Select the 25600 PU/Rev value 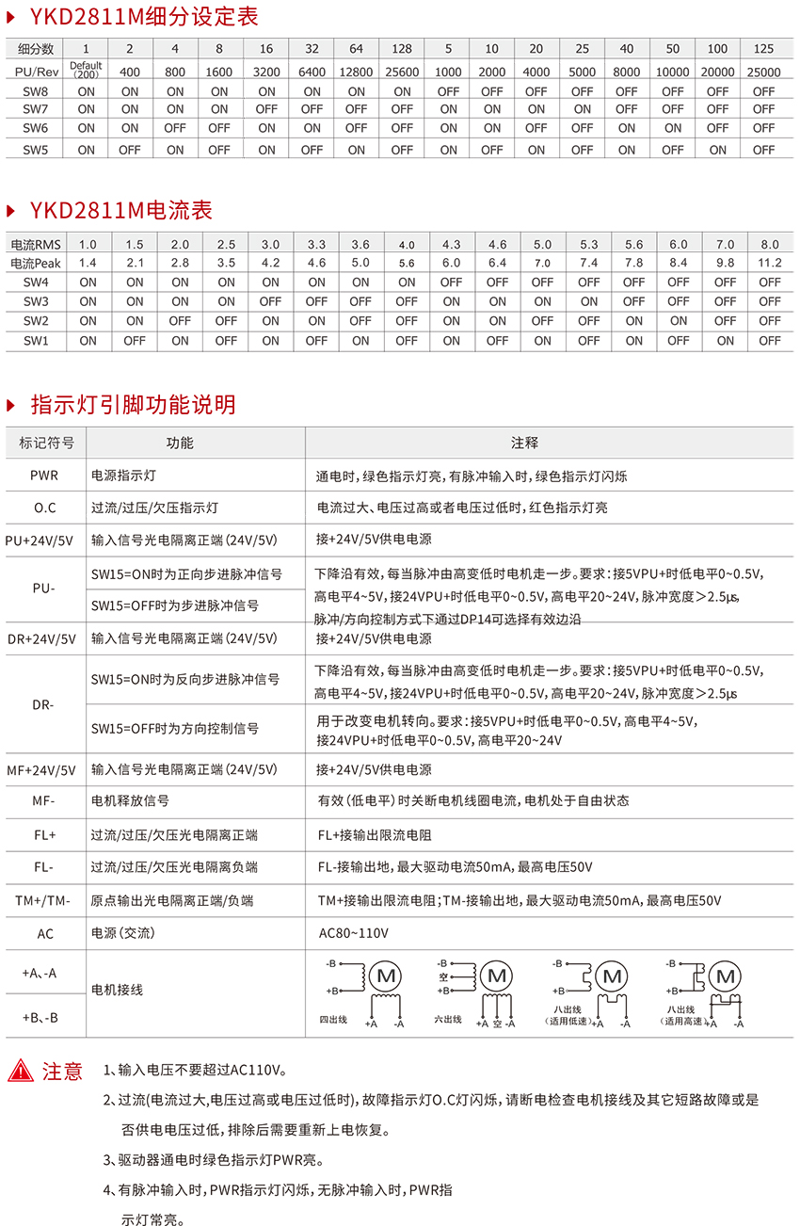pyautogui.click(x=402, y=72)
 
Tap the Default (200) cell pyautogui.click(x=86, y=69)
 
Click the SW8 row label pyautogui.click(x=36, y=91)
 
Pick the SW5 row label pyautogui.click(x=36, y=150)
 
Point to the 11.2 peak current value pyautogui.click(x=769, y=263)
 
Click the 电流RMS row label pyautogui.click(x=35, y=244)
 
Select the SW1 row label pyautogui.click(x=36, y=341)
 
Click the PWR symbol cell pyautogui.click(x=43, y=476)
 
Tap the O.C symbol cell pyautogui.click(x=44, y=508)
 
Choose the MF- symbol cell pyautogui.click(x=43, y=800)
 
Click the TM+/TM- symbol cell pyautogui.click(x=43, y=900)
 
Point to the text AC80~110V pyautogui.click(x=354, y=933)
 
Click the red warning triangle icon pyautogui.click(x=21, y=1070)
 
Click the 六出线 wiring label pyautogui.click(x=447, y=1019)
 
